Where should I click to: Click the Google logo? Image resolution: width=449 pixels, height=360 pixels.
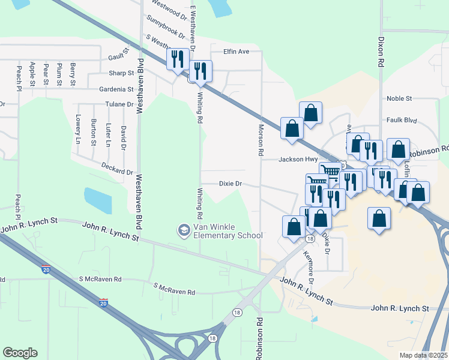tap(20, 353)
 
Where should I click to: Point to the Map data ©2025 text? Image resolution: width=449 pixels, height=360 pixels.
tap(423, 355)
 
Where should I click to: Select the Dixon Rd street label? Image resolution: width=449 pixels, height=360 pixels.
tap(381, 50)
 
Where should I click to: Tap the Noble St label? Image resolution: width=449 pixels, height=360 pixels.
tap(399, 98)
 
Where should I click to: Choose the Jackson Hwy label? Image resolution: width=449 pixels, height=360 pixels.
tap(298, 160)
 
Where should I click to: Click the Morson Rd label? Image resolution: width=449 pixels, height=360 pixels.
tap(261, 140)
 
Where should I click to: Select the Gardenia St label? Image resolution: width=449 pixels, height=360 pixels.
tap(116, 89)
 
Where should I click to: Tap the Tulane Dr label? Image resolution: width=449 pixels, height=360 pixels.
tap(121, 104)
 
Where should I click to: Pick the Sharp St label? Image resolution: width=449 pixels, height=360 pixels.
tap(121, 73)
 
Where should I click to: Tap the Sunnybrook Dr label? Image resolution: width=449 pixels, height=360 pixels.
tap(165, 27)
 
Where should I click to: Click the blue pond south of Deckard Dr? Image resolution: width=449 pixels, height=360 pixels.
tap(98, 200)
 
